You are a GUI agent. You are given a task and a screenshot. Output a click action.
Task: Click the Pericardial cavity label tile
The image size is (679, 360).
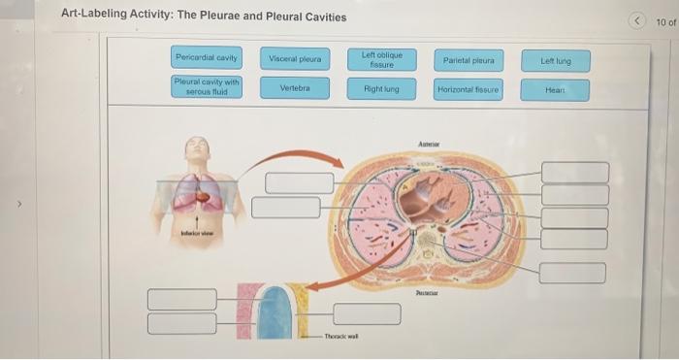206,59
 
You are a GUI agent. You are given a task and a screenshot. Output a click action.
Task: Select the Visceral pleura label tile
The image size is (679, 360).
294,59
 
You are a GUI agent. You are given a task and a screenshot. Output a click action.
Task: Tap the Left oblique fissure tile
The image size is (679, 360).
382,59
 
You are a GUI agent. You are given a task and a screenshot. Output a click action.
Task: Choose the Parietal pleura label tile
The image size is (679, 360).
469,60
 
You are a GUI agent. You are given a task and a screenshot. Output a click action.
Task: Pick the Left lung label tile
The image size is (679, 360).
556,61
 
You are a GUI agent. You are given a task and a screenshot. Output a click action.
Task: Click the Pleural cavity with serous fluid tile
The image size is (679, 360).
206,86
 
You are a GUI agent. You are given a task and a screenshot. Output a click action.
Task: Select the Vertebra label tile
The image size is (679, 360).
294,87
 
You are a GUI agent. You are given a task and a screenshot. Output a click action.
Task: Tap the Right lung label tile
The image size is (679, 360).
382,88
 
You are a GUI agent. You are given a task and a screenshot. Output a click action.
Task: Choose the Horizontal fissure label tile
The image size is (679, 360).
469,89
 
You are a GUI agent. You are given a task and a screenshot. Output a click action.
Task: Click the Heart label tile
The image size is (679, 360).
556,89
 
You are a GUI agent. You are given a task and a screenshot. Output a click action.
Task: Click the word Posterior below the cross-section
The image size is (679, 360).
428,290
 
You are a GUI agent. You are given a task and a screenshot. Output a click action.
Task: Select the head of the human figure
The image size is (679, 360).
198,147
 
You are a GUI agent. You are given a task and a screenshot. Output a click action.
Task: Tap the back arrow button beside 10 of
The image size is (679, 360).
636,21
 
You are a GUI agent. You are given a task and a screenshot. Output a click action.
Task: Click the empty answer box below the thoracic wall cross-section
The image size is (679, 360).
367,313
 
